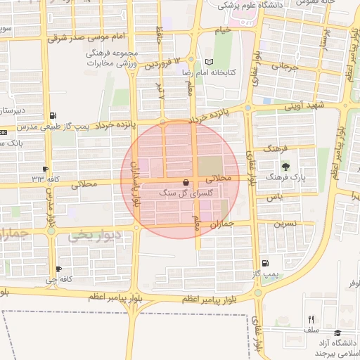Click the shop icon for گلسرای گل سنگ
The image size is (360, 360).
(185, 181)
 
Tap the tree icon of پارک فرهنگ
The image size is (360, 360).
(285, 167)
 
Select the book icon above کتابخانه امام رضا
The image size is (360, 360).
(208, 62)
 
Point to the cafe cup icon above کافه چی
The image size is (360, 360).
(58, 269)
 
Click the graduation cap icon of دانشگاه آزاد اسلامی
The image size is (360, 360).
(337, 333)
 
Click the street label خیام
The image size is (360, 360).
(223, 30)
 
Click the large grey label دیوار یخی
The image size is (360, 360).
(98, 235)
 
